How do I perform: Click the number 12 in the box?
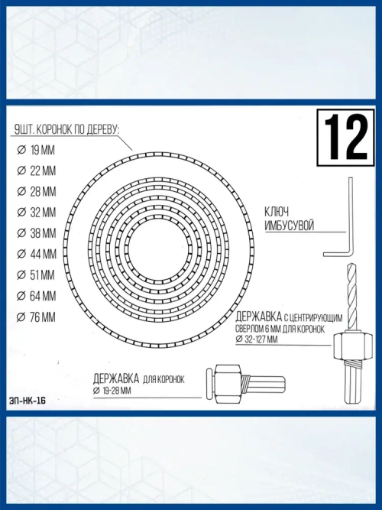click(346, 137)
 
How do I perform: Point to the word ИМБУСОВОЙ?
click(289, 227)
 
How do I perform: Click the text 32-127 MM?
click(261, 339)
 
